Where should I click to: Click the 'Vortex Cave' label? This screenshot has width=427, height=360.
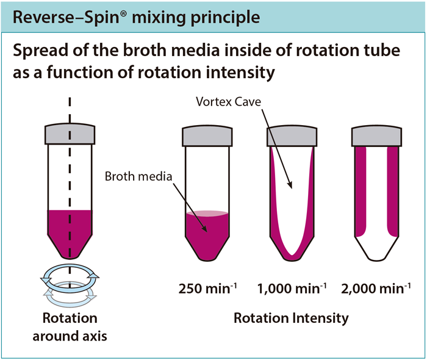[228, 101]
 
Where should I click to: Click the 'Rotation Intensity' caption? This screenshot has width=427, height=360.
[291, 318]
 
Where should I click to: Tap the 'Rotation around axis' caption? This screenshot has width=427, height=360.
[69, 327]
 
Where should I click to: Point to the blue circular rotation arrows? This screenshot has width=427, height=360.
[69, 282]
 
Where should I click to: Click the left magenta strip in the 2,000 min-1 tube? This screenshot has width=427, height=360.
[360, 189]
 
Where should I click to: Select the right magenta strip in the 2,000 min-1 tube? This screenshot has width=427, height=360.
[393, 189]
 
